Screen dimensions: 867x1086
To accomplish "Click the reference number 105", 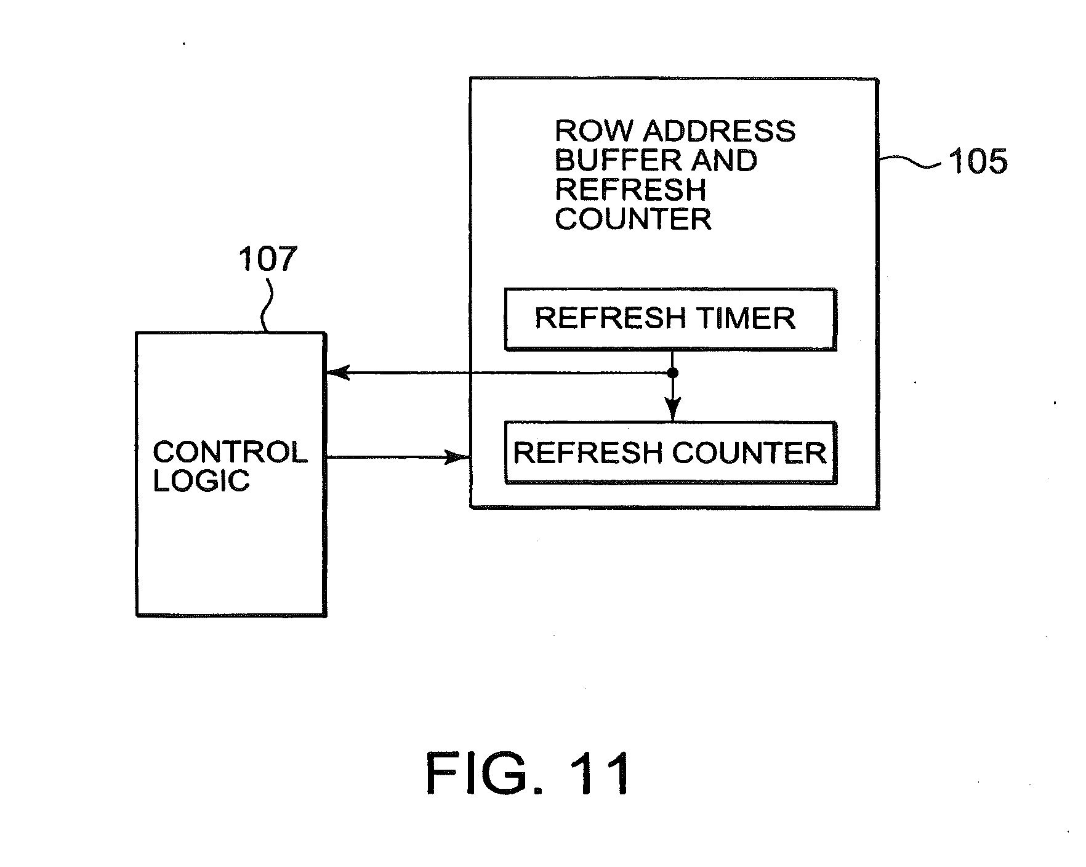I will (x=978, y=162).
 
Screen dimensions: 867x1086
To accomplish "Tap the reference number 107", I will (x=268, y=259).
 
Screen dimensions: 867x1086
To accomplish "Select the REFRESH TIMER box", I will (x=670, y=319).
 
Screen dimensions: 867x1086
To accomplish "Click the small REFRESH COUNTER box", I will (x=670, y=453).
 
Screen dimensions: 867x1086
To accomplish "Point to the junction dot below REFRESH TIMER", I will (x=673, y=373).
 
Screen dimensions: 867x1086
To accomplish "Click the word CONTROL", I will (x=230, y=453).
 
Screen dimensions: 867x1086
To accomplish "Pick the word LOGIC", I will (x=201, y=481).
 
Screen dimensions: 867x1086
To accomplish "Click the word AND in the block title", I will (x=724, y=161).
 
